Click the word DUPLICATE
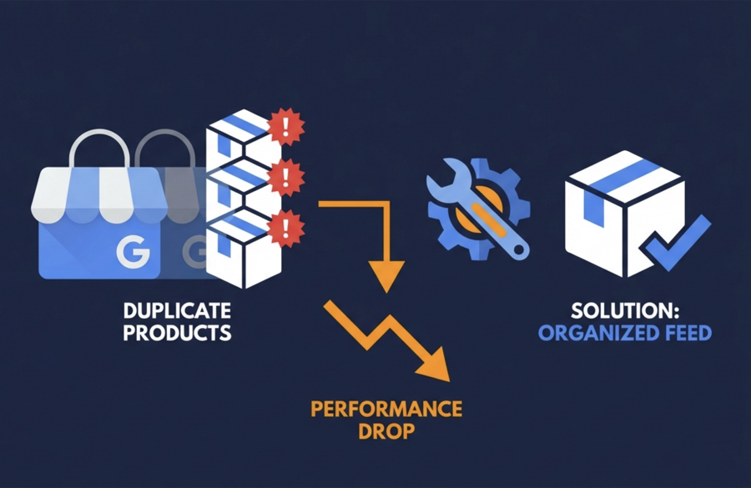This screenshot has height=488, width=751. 177,311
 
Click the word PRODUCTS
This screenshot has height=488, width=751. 177,332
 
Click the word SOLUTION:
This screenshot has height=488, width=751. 624,311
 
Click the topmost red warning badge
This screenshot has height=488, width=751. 286,127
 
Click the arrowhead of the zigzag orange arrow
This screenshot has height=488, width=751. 436,367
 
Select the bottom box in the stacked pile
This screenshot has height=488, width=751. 243,250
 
